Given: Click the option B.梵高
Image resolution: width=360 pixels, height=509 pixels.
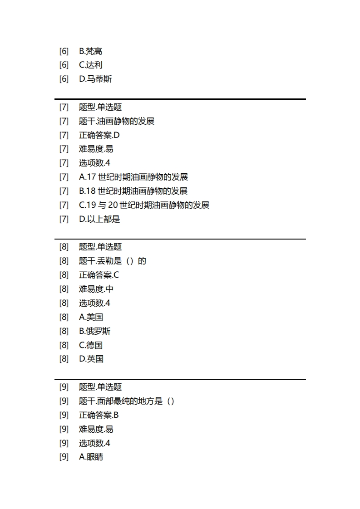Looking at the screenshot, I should tap(90, 51).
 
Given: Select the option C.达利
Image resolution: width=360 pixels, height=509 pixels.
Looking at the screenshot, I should tap(90, 65).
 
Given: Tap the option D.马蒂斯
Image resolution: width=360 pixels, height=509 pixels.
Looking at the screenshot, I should tap(95, 79).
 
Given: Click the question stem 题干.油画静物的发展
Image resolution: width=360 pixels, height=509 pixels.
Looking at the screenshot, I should tap(117, 121).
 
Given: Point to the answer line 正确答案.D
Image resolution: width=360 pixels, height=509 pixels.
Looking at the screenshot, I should tap(99, 135).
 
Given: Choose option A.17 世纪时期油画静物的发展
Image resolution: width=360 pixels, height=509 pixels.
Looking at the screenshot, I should tap(133, 177).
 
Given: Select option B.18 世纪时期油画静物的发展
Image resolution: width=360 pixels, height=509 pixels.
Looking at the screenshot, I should tap(133, 191).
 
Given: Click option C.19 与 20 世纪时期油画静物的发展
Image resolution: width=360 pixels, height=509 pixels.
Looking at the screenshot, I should tap(144, 205).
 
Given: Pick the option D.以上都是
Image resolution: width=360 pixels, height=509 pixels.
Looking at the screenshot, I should tap(99, 219).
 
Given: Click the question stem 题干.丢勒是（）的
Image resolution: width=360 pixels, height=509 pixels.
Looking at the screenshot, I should tap(113, 261).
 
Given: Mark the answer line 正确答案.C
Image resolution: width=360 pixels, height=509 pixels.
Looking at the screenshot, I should tap(99, 275).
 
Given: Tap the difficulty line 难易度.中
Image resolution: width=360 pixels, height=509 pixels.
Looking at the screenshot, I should tap(96, 289).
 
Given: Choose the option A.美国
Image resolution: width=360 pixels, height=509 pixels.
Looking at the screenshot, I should tap(91, 317).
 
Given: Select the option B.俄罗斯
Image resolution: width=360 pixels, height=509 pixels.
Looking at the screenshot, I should tap(94, 331).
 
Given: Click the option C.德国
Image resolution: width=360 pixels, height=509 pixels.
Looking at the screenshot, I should tap(90, 345).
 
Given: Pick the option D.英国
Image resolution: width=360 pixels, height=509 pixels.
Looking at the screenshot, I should tap(91, 359).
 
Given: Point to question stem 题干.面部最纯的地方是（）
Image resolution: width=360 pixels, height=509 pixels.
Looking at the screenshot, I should tap(127, 401).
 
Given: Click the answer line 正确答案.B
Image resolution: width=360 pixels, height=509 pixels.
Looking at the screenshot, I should tap(99, 415).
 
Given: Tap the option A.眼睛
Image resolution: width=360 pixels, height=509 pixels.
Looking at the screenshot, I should tap(91, 457).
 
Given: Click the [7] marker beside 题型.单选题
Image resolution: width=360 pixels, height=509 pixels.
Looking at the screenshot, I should tap(64, 107).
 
